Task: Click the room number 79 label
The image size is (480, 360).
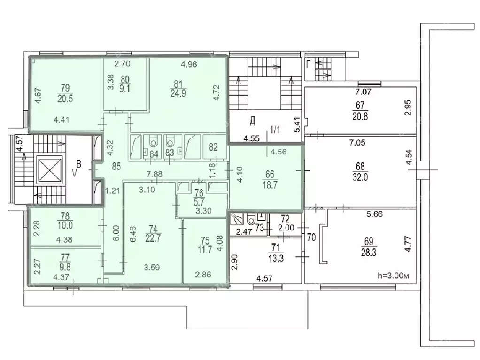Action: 65,88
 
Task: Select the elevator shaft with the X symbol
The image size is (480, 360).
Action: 49,170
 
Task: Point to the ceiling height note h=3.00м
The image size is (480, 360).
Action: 394,276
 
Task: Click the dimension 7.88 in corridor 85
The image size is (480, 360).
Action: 155,174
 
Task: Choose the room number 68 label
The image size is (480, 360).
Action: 360,166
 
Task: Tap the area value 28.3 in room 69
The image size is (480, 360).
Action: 369,253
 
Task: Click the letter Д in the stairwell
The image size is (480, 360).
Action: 253,121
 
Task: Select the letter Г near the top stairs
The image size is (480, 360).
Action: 309,64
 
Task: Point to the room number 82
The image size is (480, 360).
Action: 213,147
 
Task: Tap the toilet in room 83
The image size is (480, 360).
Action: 169,141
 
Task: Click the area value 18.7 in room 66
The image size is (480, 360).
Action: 270,185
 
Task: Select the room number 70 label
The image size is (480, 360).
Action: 311,237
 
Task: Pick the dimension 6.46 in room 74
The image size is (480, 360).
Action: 132,234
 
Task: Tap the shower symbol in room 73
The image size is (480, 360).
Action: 237,219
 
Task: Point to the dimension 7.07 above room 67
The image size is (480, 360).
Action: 363,92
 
